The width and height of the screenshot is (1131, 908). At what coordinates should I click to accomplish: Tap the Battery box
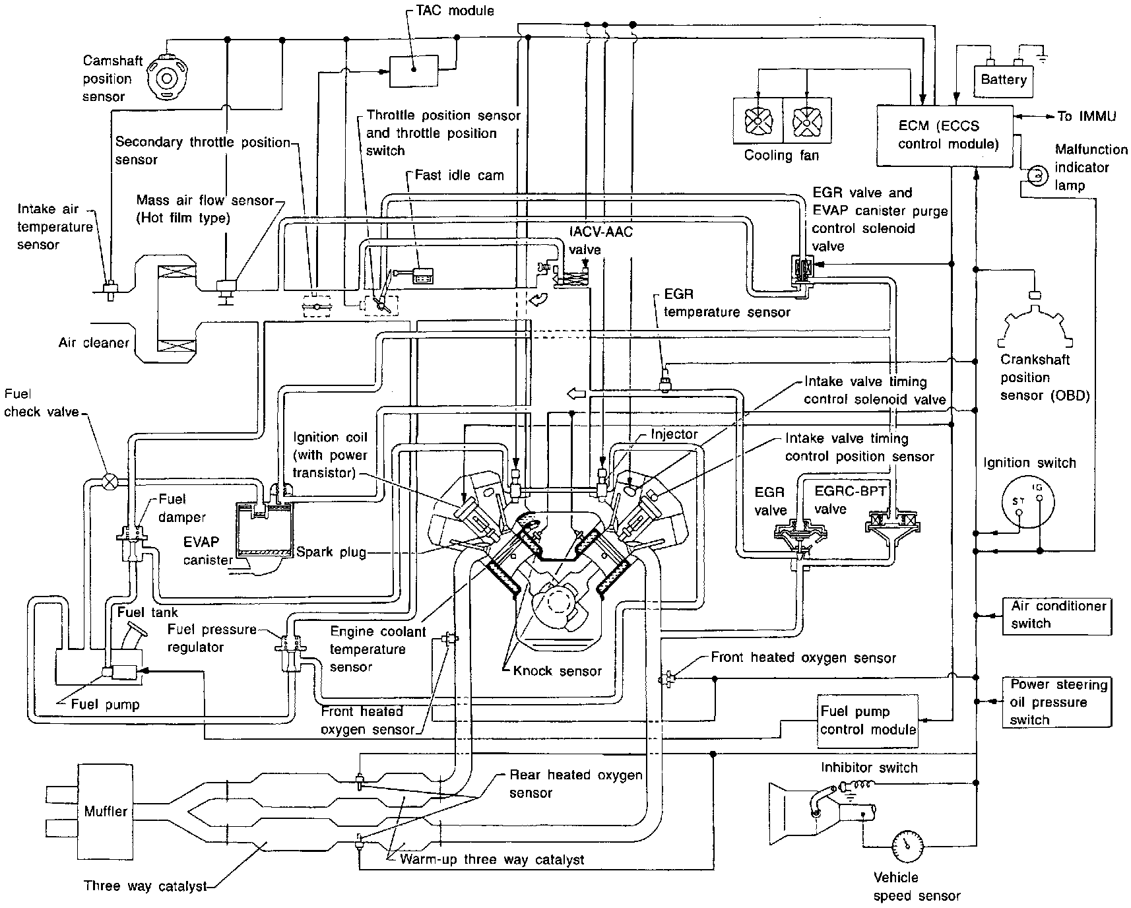(1003, 81)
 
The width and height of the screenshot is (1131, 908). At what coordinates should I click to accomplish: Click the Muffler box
(106, 811)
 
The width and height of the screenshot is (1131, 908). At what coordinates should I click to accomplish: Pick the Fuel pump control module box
(868, 721)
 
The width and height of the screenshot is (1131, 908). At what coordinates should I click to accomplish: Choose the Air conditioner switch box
(1057, 615)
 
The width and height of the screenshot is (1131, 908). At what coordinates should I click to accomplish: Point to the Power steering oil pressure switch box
(1057, 702)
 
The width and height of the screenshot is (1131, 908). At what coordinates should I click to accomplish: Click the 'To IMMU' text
(1086, 116)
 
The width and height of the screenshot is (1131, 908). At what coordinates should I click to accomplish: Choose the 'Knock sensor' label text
(558, 671)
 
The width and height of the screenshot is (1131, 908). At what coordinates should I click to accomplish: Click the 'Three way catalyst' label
(145, 886)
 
